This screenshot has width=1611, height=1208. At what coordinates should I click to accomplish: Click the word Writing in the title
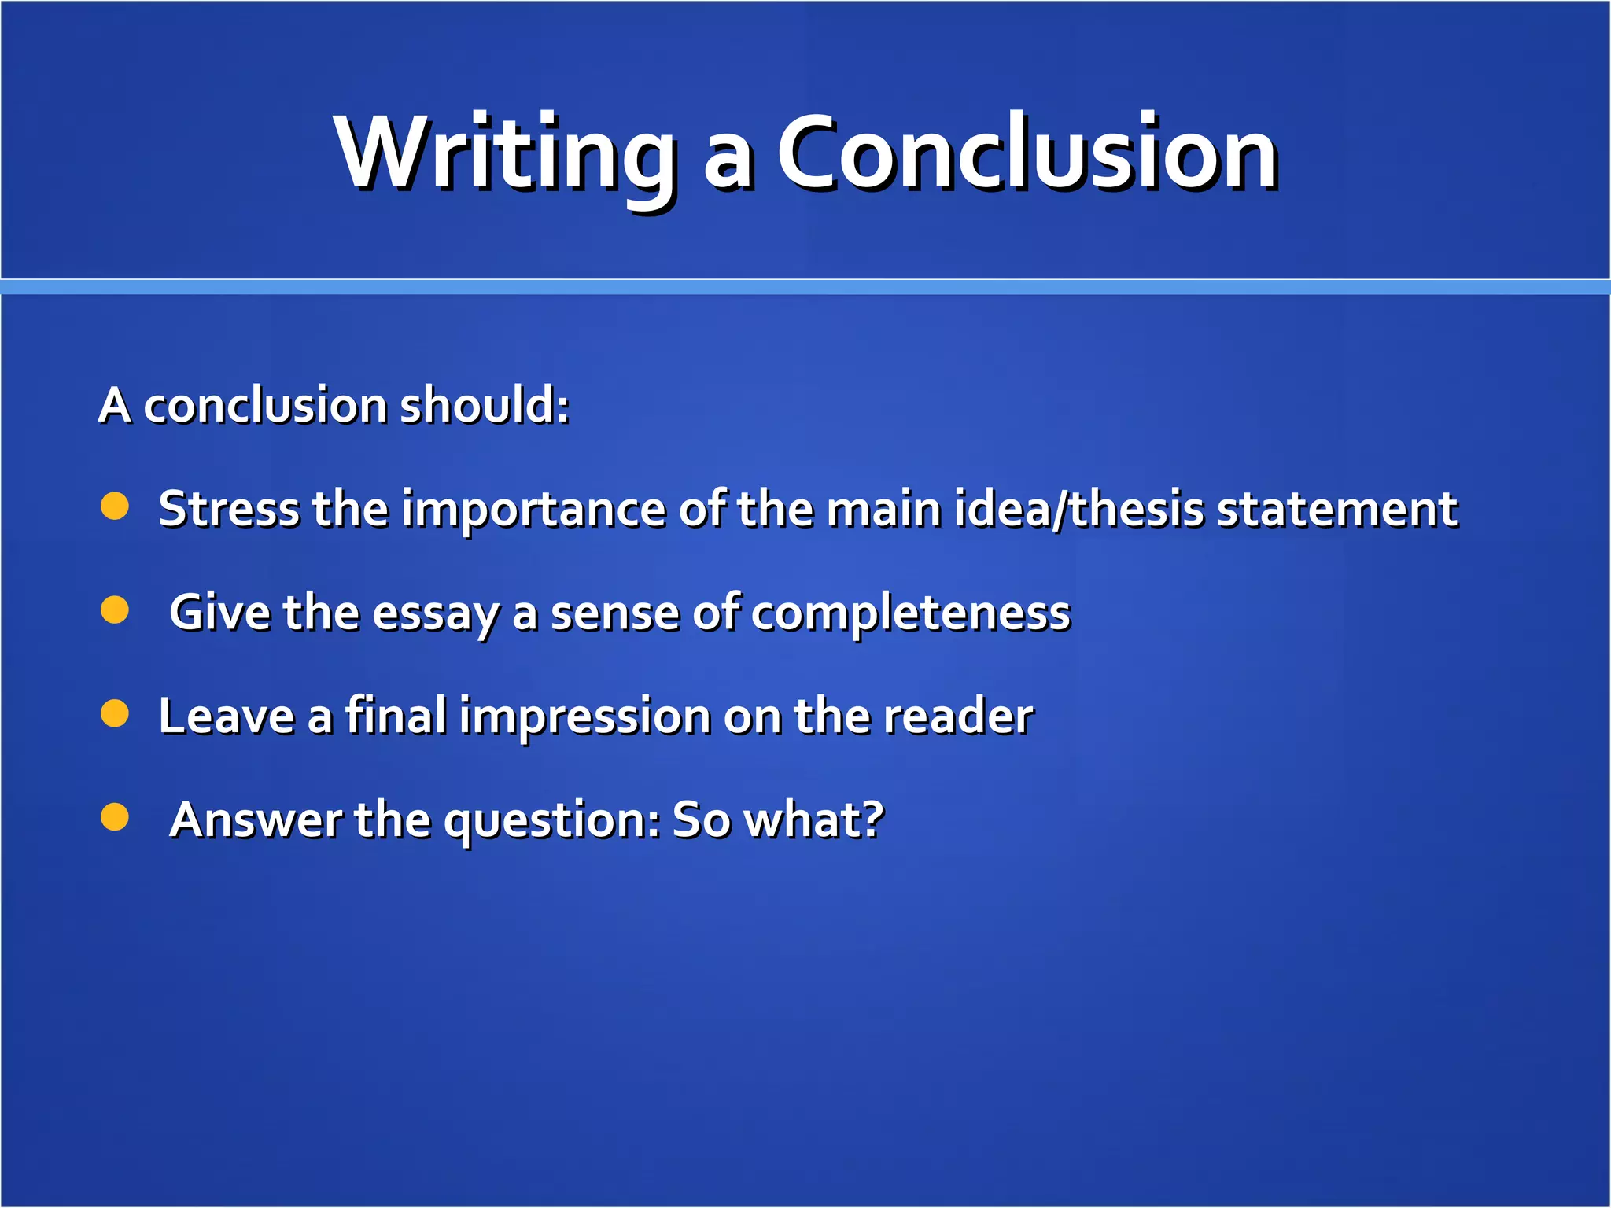pyautogui.click(x=503, y=153)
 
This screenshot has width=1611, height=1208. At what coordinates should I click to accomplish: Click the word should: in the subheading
pyautogui.click(x=484, y=406)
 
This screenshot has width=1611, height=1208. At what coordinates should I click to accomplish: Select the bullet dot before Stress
pyautogui.click(x=115, y=506)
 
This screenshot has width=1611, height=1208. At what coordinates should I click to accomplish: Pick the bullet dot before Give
pyautogui.click(x=115, y=610)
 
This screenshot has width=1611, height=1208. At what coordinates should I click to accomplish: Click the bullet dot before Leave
pyautogui.click(x=115, y=714)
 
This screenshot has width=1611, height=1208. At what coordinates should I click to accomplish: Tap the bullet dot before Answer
pyautogui.click(x=115, y=817)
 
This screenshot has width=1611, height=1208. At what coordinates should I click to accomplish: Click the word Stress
pyautogui.click(x=229, y=509)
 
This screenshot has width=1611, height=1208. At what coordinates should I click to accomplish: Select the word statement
pyautogui.click(x=1337, y=509)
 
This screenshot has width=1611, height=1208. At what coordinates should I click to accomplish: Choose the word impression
pyautogui.click(x=585, y=717)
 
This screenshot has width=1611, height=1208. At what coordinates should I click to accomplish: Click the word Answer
pyautogui.click(x=256, y=819)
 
